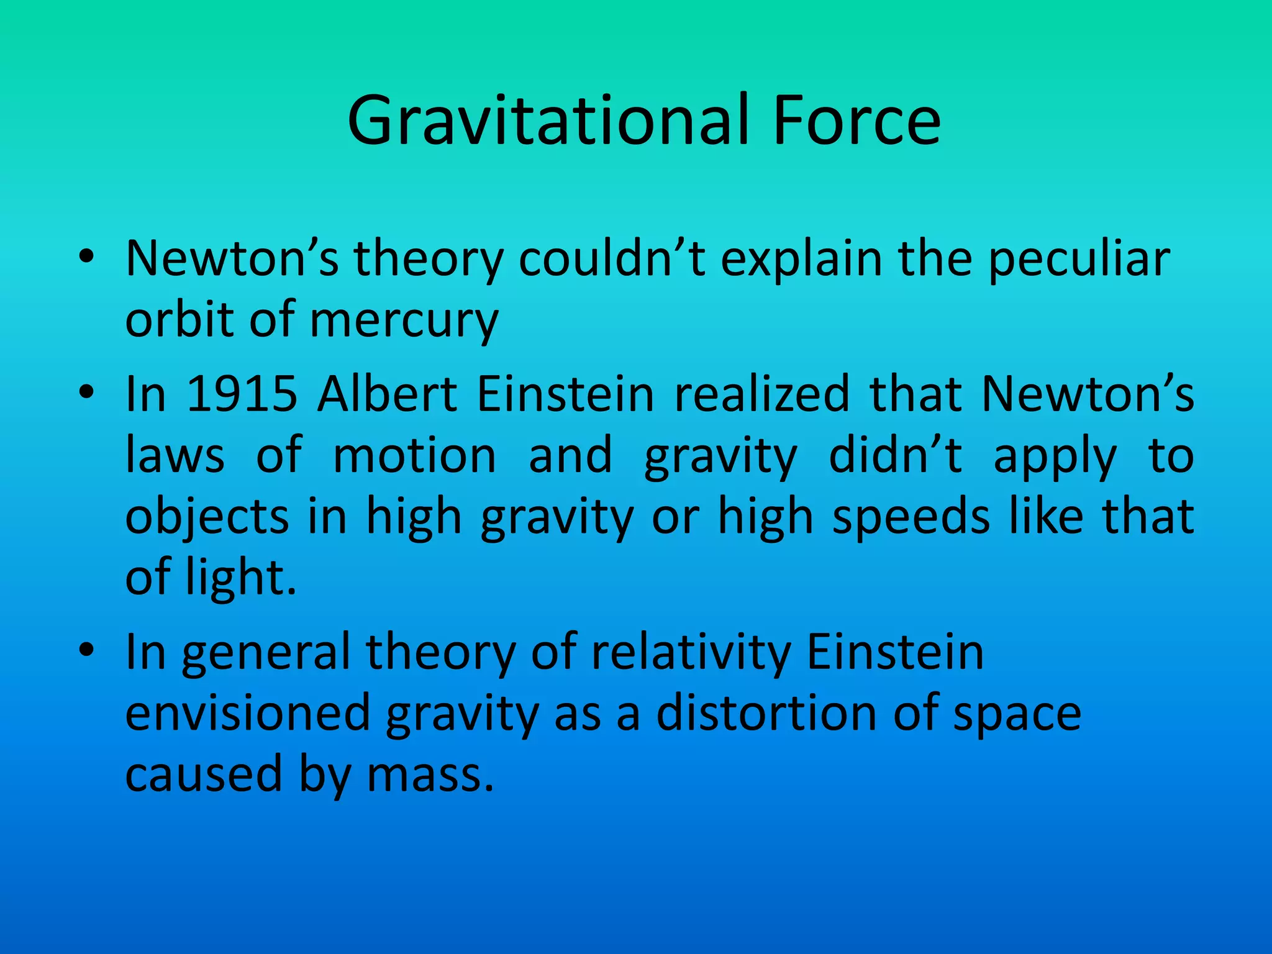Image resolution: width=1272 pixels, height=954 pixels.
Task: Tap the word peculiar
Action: pyautogui.click(x=1079, y=260)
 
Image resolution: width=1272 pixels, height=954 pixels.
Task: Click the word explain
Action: pyautogui.click(x=801, y=260)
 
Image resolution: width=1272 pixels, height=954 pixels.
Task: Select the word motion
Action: pyautogui.click(x=414, y=455)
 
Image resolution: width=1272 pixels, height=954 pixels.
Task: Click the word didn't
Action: pyautogui.click(x=896, y=455)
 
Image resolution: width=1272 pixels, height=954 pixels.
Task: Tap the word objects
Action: pyautogui.click(x=207, y=517)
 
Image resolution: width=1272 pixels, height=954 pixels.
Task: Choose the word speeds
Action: pyautogui.click(x=911, y=517)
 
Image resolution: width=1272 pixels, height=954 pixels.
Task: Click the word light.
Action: pyautogui.click(x=242, y=578)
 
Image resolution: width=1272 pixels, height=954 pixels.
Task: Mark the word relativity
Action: pyautogui.click(x=691, y=652)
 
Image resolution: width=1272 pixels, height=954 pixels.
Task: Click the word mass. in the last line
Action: pyautogui.click(x=430, y=775)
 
